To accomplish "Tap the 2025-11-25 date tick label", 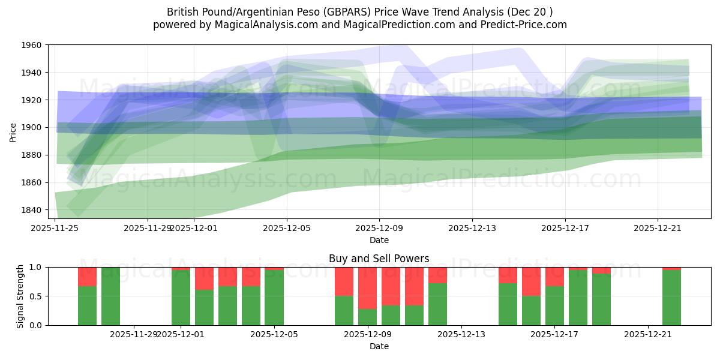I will point(55,228).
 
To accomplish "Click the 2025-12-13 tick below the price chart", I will point(472,228).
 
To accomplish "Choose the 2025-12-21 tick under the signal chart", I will point(649,334).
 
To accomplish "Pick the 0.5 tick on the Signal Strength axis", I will point(37,296).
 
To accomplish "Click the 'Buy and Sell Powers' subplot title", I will point(379,259).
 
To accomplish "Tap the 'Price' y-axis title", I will point(13,132).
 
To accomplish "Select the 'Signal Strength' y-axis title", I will point(21,296).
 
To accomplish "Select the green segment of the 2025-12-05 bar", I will point(274,298).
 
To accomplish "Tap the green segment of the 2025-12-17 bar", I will point(555,305).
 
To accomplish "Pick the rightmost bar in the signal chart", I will point(672,298).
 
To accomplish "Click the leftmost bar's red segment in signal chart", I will point(87,277).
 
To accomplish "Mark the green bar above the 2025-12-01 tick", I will point(181,298).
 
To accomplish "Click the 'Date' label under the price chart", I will point(379,240).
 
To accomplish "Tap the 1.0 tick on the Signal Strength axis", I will point(37,267).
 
